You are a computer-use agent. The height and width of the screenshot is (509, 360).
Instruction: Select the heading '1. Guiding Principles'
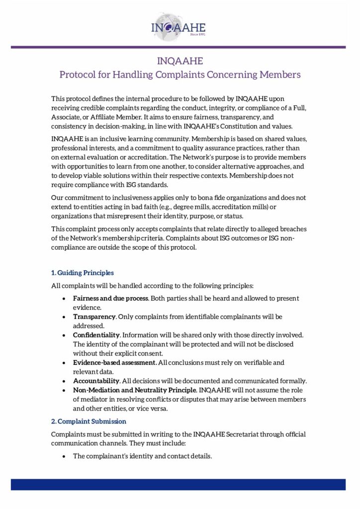tap(83, 273)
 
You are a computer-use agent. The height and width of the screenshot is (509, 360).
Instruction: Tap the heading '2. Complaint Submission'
tap(89, 422)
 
